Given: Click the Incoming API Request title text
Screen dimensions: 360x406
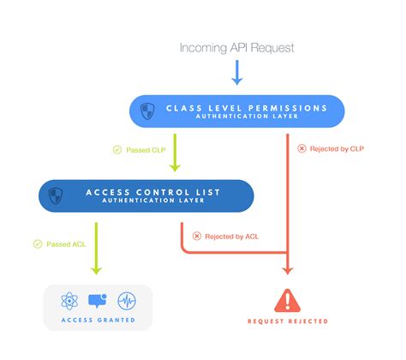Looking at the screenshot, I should [236, 47].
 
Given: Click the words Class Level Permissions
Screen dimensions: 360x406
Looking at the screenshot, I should [248, 107].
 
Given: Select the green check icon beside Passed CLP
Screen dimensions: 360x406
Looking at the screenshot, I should [117, 150].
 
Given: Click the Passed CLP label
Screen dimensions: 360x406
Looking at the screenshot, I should [146, 150].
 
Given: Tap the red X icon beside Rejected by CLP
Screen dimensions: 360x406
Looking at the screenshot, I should [301, 148].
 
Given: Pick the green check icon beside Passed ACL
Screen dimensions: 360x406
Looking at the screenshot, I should [38, 244].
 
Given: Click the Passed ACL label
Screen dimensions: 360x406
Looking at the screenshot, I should [66, 244].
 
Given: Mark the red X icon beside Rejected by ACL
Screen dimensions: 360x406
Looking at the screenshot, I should [197, 235].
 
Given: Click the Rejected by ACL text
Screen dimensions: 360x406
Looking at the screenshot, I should [231, 235].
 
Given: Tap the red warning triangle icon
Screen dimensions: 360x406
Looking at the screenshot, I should [288, 300].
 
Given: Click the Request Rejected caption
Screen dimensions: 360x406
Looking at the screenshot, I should [288, 321].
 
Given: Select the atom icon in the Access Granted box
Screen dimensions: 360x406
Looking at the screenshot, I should [70, 301].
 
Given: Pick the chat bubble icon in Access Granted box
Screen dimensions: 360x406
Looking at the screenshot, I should [98, 301].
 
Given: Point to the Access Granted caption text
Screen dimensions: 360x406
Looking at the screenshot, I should [97, 321].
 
